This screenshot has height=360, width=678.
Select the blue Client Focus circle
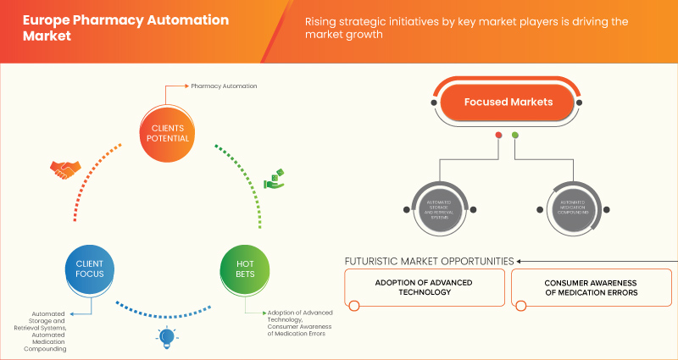pyautogui.click(x=88, y=269)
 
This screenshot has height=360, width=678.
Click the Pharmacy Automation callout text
pyautogui.click(x=224, y=86)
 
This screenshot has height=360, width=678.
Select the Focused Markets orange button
pyautogui.click(x=508, y=102)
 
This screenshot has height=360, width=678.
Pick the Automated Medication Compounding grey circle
pyautogui.click(x=573, y=208)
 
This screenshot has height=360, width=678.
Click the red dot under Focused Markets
pyautogui.click(x=498, y=135)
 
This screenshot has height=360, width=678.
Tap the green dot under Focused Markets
pyautogui.click(x=515, y=135)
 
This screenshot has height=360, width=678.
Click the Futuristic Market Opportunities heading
pyautogui.click(x=430, y=261)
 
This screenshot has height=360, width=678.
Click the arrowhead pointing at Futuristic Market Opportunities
pyautogui.click(x=521, y=261)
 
